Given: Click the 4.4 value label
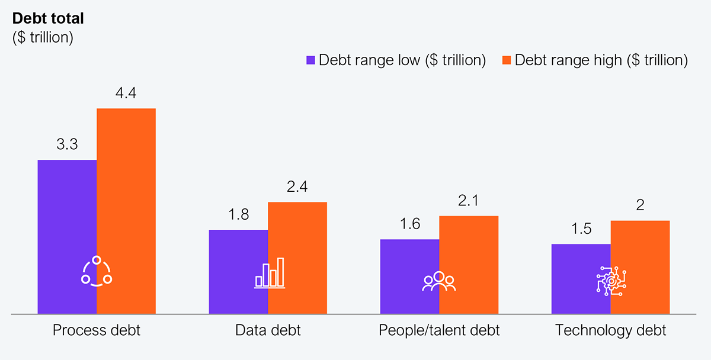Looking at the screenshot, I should pos(126,93).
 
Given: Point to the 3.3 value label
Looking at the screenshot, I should pos(67,144).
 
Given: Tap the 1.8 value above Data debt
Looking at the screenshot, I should pos(238,214).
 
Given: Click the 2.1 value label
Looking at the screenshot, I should pos(469,201).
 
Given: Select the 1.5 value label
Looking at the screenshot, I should pos(581,229).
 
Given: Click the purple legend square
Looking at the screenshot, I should pos(310,60).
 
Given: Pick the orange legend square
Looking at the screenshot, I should pos(507,60).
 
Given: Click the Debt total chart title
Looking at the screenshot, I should pos(48,18).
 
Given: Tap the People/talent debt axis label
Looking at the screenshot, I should pos(439,330).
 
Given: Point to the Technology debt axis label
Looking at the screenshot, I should pos(610,330).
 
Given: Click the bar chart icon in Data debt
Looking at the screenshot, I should pos(269,273).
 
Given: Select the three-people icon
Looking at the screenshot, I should pos(439,281).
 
